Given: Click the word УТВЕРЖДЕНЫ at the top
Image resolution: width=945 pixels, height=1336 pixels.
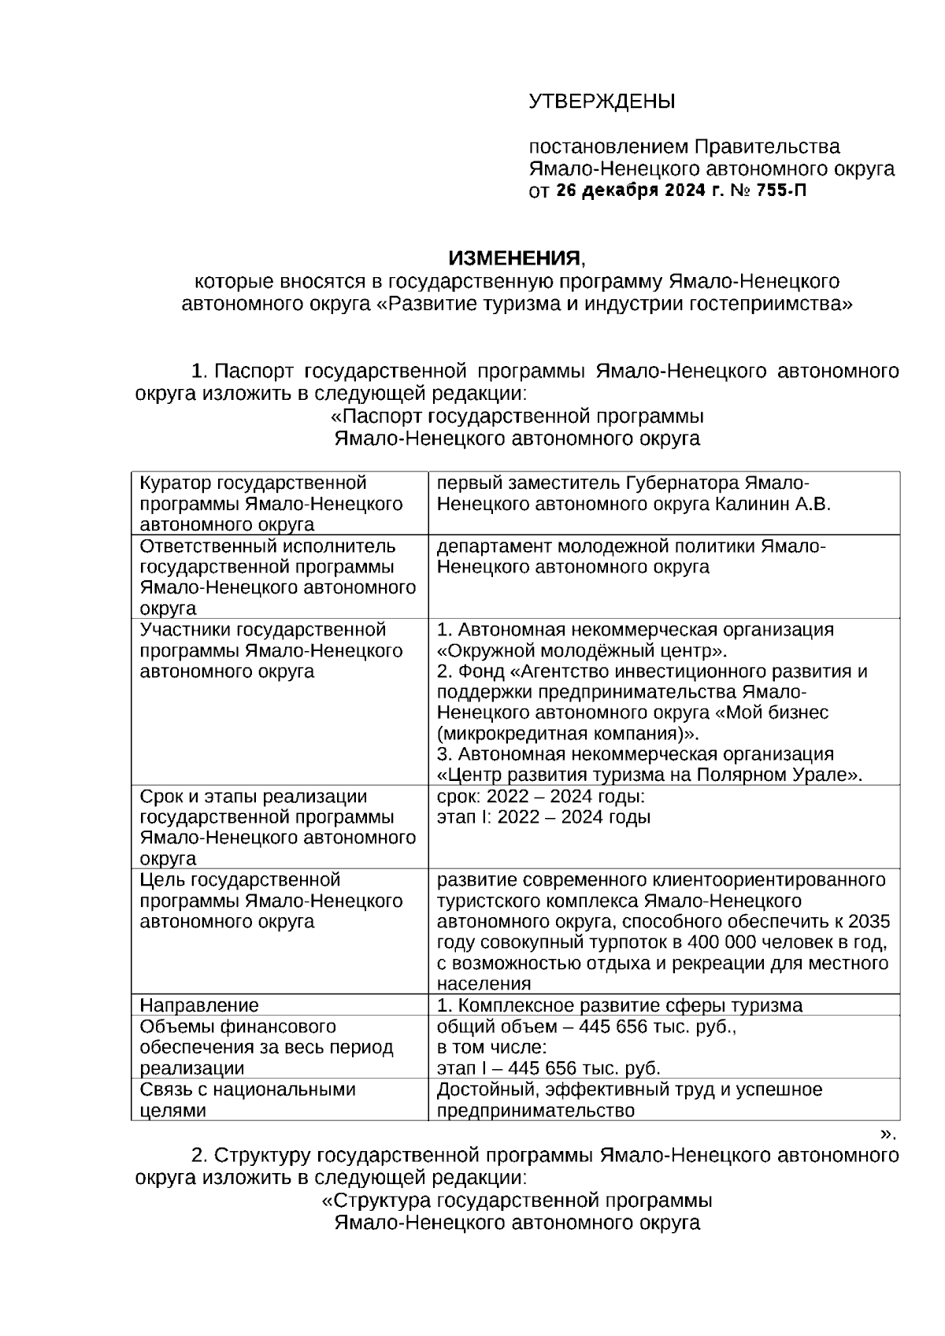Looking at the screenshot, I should [x=602, y=102].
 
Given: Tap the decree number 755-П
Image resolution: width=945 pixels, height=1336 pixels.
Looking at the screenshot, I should [x=781, y=191].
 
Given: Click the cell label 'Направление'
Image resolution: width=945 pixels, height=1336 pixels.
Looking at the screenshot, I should [x=198, y=1005].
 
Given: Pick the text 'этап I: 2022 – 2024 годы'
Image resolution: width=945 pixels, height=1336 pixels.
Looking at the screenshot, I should [x=543, y=817].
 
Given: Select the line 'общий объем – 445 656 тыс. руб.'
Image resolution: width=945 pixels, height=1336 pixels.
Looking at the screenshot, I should [x=586, y=1027].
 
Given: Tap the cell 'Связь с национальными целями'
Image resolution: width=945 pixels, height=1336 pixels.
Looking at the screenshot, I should [x=246, y=1100].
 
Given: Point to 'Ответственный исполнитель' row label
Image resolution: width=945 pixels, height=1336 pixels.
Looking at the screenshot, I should [x=267, y=546].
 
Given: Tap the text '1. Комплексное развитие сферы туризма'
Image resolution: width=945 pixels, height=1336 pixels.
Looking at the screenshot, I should [x=620, y=1005].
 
